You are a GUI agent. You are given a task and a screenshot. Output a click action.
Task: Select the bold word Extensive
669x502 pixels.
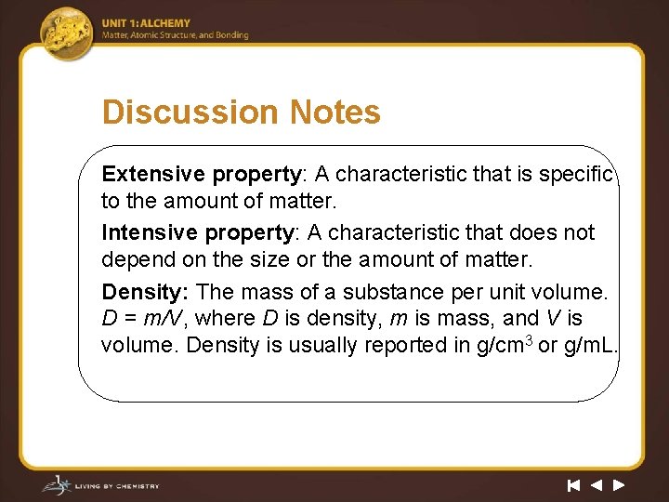click(x=153, y=174)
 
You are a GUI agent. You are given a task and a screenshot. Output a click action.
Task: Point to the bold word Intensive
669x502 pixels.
click(x=150, y=231)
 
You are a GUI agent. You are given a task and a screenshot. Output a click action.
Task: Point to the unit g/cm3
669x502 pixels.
click(x=503, y=345)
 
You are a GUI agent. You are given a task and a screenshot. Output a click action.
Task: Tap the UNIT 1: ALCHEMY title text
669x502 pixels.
click(x=146, y=23)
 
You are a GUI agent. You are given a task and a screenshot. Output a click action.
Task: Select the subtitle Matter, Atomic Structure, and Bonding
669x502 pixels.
click(x=176, y=35)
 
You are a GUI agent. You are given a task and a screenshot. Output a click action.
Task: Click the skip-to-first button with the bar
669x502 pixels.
click(x=574, y=484)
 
